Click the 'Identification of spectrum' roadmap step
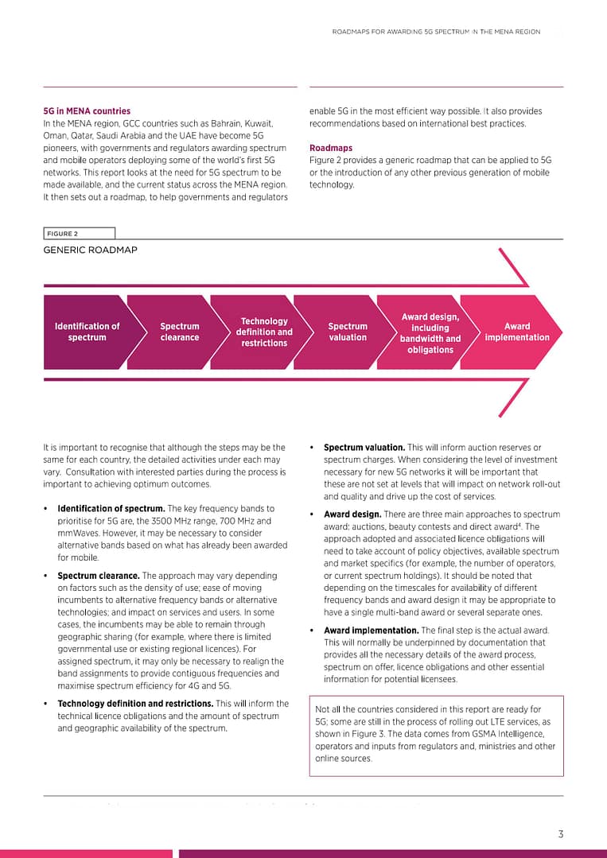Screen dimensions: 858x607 [87, 332]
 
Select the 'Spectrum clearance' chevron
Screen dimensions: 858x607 [179, 332]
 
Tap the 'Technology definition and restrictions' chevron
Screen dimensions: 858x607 [264, 332]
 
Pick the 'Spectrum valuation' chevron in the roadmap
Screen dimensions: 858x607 [348, 332]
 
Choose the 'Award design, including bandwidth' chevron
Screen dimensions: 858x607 [430, 332]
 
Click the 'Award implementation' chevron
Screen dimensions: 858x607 [516, 332]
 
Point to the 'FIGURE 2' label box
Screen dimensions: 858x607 [79, 234]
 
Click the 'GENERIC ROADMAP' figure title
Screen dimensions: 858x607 [90, 250]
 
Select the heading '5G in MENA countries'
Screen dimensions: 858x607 [87, 111]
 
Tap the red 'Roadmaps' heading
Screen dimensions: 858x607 [330, 148]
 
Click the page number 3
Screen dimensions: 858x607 [560, 834]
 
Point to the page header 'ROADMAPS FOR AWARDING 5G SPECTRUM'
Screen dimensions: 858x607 [436, 33]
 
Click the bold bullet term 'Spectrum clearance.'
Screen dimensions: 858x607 [99, 576]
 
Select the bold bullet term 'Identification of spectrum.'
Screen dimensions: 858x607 [111, 508]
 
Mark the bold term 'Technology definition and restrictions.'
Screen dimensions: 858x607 [135, 704]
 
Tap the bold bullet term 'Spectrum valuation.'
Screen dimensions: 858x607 [364, 448]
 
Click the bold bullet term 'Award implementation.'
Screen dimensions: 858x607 [371, 631]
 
